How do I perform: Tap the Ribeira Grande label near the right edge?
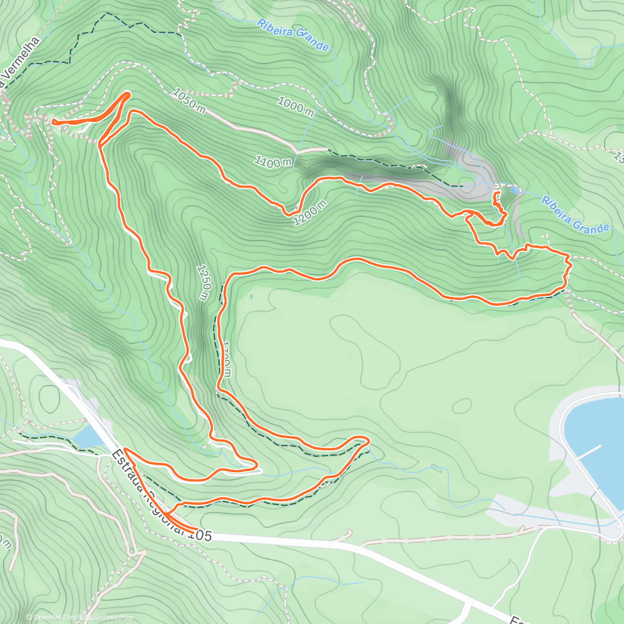[x=575, y=214]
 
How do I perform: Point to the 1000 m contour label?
[x=295, y=106]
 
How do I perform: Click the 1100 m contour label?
[x=273, y=162]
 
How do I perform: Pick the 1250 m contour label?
[x=203, y=282]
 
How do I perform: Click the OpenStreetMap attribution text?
[x=109, y=617]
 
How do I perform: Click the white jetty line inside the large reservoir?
[x=588, y=453]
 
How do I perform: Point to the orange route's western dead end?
[x=53, y=122]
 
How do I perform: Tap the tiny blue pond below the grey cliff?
[x=514, y=191]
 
